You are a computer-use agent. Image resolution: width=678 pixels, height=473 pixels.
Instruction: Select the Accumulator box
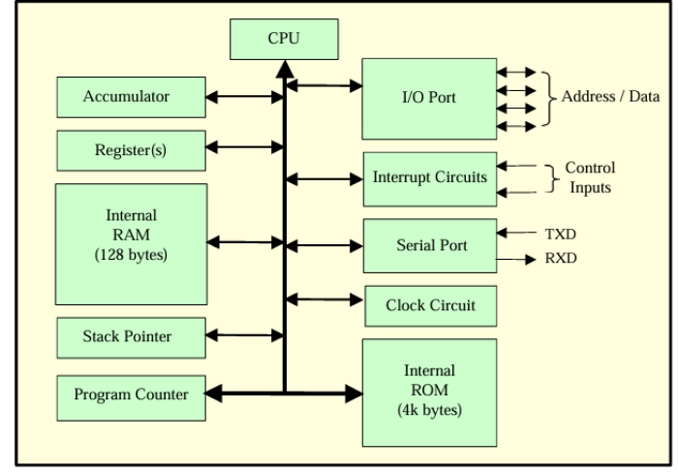[x=126, y=96]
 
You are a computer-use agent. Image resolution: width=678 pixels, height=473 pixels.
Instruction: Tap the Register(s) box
[x=126, y=149]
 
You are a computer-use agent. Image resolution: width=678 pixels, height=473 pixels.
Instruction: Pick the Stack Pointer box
[x=126, y=336]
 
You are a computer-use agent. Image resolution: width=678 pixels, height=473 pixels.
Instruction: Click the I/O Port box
[x=426, y=99]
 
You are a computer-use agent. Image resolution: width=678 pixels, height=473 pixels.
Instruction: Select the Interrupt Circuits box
[x=429, y=178]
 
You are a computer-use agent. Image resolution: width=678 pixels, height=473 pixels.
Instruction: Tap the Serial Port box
[x=429, y=245]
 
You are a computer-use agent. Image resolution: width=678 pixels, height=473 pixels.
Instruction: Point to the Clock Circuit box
[x=429, y=305]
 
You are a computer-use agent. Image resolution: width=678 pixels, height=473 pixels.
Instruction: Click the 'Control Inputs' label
[x=590, y=177]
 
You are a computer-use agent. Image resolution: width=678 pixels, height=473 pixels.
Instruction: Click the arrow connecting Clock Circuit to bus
[x=324, y=297]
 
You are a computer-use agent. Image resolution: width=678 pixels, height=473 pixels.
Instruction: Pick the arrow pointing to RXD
[x=518, y=260]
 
